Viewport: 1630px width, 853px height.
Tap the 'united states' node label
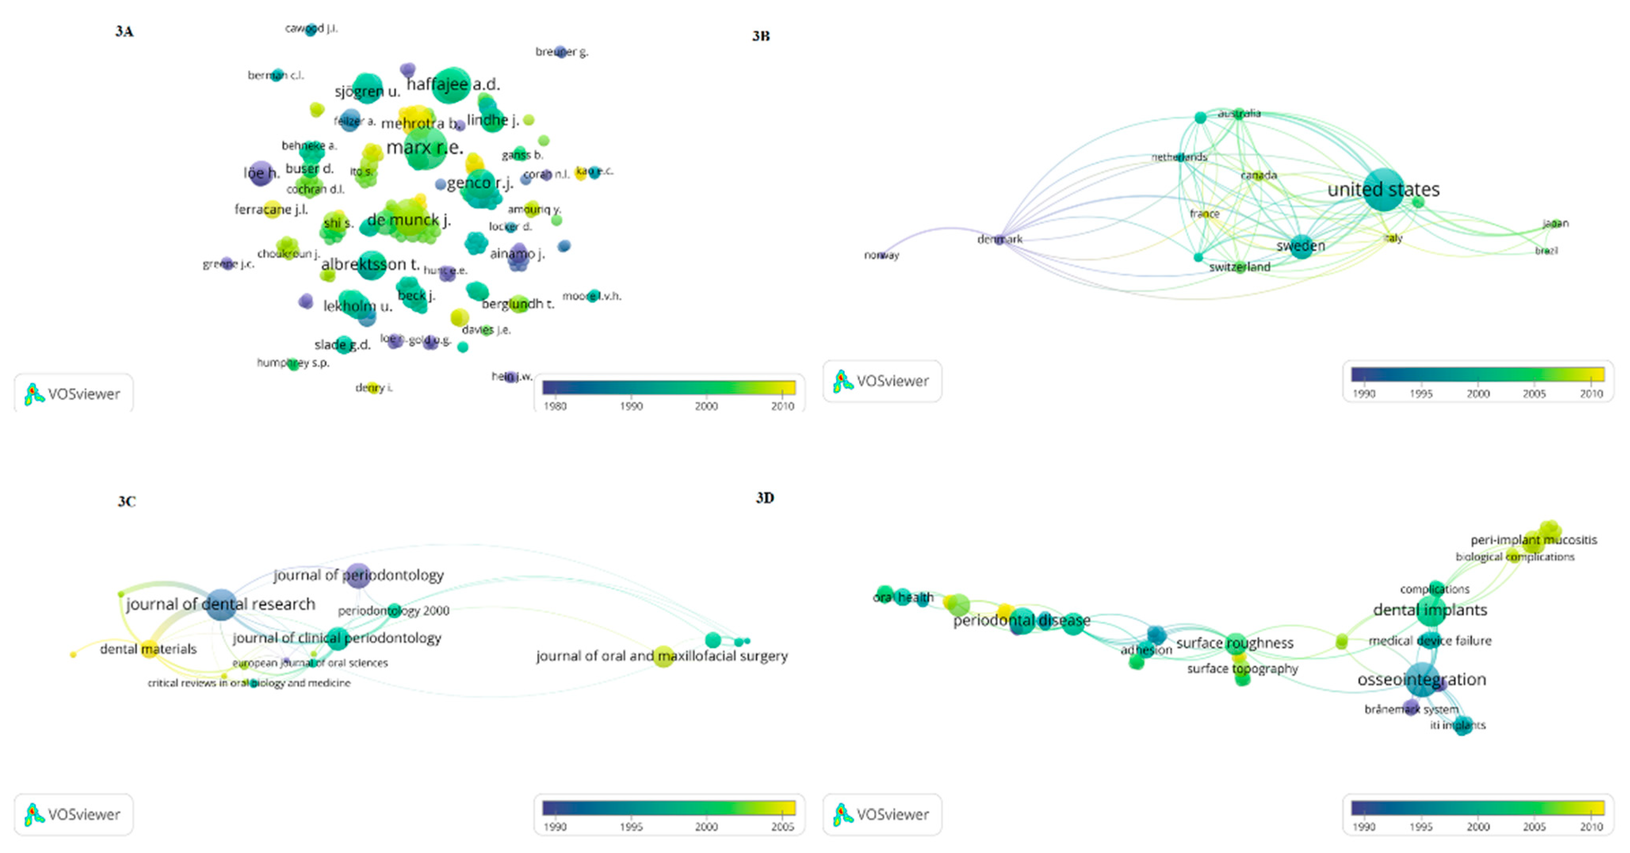click(x=1383, y=189)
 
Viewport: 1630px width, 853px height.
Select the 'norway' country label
click(x=881, y=255)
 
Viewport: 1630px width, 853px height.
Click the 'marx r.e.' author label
click(x=424, y=148)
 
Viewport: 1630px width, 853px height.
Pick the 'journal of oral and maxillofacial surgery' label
click(x=662, y=656)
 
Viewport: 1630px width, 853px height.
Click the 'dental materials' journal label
click(x=148, y=649)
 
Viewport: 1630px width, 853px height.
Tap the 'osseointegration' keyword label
click(x=1421, y=679)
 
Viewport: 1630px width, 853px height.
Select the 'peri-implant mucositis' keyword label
click(x=1533, y=540)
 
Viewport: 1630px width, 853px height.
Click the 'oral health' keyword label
click(x=903, y=597)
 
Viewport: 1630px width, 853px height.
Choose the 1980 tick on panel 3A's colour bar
click(x=555, y=406)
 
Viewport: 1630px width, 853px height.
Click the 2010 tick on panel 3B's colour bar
click(x=1591, y=394)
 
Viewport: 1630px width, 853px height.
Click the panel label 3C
click(x=126, y=502)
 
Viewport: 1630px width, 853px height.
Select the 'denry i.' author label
click(x=373, y=387)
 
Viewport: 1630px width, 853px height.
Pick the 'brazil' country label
click(x=1546, y=251)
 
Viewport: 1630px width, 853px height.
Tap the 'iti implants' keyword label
click(x=1457, y=725)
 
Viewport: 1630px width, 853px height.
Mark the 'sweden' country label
click(x=1300, y=246)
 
